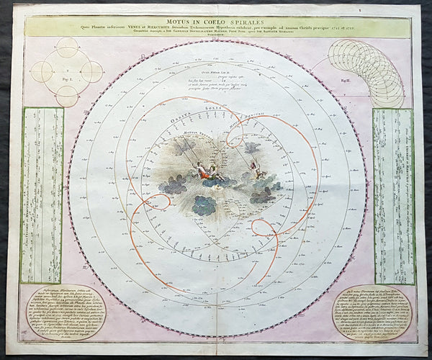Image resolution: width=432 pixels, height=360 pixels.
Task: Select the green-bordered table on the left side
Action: (41, 194)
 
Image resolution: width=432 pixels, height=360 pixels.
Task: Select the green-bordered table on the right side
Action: (392, 194)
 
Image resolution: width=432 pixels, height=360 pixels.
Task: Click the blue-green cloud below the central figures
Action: (204, 205)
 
